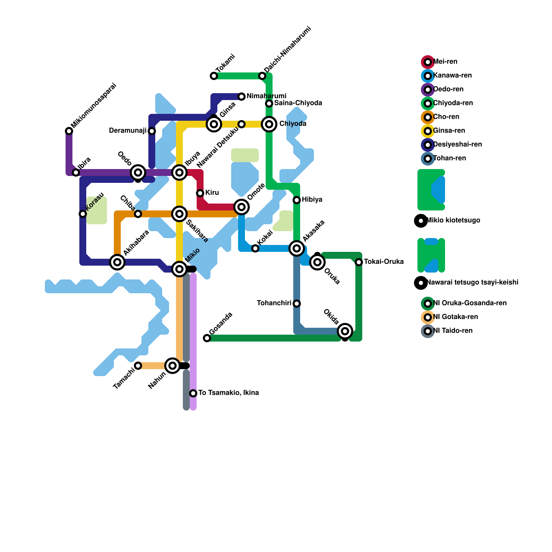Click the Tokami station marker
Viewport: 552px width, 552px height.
click(x=214, y=76)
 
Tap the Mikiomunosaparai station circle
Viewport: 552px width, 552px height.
click(x=69, y=131)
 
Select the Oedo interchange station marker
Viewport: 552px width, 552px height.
click(x=138, y=172)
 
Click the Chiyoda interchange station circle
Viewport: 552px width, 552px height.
click(x=269, y=124)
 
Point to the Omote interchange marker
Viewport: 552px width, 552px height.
click(x=241, y=207)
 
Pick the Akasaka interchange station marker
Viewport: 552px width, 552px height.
click(x=297, y=248)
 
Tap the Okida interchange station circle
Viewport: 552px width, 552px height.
click(x=345, y=331)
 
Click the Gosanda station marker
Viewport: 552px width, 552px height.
click(x=207, y=338)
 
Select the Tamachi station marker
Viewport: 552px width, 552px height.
click(x=138, y=366)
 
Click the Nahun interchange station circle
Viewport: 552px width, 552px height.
click(x=172, y=365)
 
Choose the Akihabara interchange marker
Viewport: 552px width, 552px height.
click(x=117, y=262)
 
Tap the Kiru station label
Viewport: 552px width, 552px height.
click(x=212, y=193)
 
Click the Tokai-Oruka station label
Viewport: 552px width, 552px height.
click(x=384, y=262)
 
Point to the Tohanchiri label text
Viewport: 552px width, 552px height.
click(x=274, y=303)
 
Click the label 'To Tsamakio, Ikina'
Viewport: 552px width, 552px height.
click(x=228, y=393)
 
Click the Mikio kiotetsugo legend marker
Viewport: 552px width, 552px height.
click(x=421, y=220)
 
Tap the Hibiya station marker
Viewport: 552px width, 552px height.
click(x=297, y=200)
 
